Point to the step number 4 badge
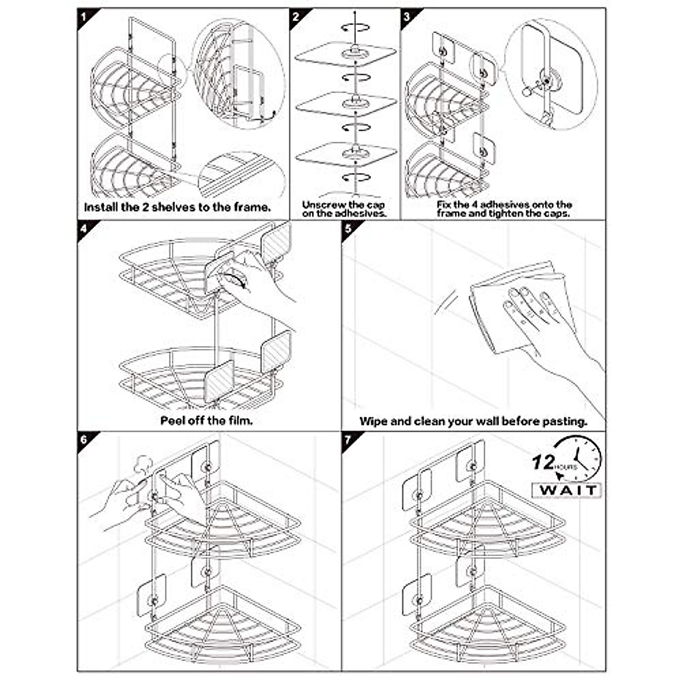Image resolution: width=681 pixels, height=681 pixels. pyautogui.click(x=84, y=229)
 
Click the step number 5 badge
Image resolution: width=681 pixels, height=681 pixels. pyautogui.click(x=348, y=229)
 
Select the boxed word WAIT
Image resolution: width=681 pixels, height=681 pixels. pyautogui.click(x=566, y=490)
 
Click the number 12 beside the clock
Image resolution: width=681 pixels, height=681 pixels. pyautogui.click(x=543, y=462)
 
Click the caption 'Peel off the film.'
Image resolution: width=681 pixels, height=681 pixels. pyautogui.click(x=206, y=421)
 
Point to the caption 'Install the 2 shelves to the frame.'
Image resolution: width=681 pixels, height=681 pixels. pyautogui.click(x=177, y=207)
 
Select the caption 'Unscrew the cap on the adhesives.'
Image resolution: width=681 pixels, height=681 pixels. pyautogui.click(x=344, y=209)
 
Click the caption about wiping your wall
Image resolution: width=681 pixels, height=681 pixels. pyautogui.click(x=473, y=421)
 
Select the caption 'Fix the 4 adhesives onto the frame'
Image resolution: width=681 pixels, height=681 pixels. pyautogui.click(x=504, y=209)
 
